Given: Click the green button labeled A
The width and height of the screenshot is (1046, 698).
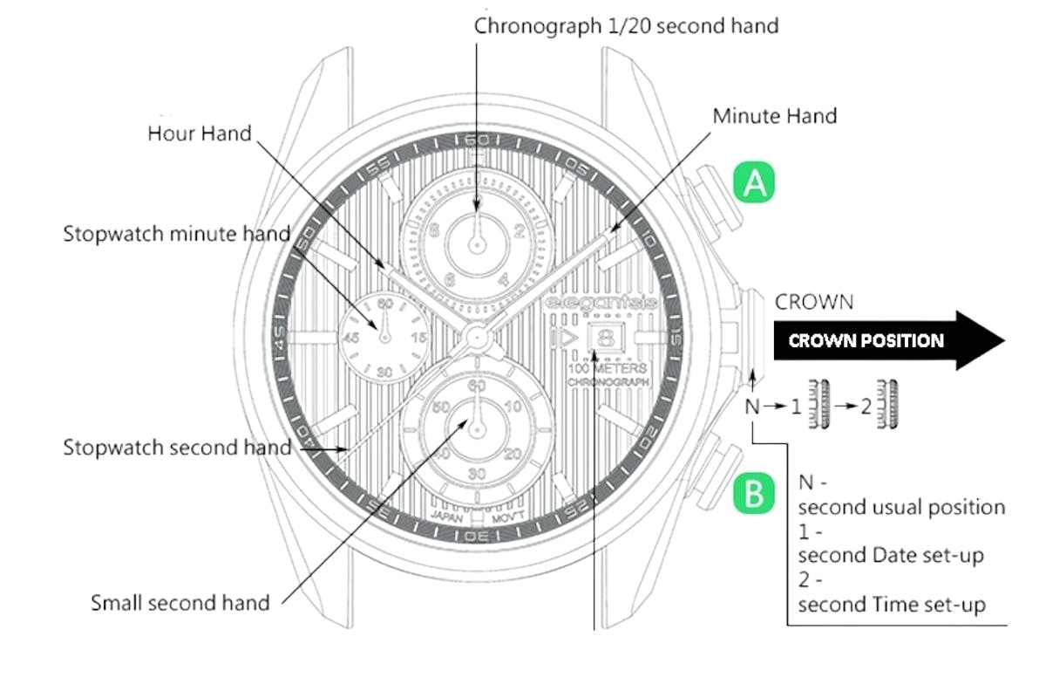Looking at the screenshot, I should point(754,183).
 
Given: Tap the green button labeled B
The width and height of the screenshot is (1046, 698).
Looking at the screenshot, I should point(754,494).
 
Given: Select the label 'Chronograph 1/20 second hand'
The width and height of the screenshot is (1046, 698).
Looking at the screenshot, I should point(626,26).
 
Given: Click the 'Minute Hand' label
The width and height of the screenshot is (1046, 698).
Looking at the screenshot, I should point(774,116).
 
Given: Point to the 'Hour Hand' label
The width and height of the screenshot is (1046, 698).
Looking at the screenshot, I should point(199,133).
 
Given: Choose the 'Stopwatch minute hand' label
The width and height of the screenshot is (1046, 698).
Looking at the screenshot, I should point(176,235).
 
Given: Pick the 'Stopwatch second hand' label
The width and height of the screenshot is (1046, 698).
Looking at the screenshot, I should point(176,448).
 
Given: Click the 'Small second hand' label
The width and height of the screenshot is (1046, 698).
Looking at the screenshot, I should point(180,602).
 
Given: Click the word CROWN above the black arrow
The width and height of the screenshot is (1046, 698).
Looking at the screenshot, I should point(814,303).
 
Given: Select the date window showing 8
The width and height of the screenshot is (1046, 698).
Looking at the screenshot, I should point(606,337).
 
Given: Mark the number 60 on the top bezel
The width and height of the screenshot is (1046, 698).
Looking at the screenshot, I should point(477,140).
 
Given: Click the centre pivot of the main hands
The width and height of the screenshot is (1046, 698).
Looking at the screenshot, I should point(477,336).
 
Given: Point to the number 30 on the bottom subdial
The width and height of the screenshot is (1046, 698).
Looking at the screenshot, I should point(477,473).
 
